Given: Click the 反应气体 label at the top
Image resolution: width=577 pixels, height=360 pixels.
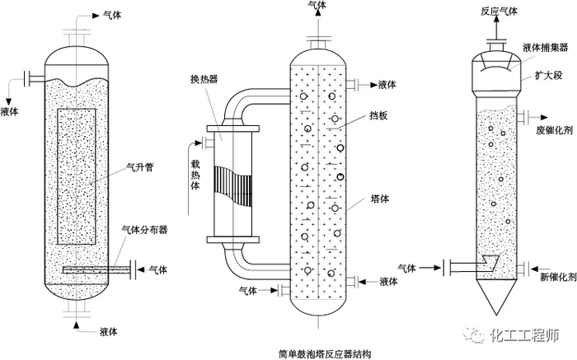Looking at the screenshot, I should [x=500, y=11].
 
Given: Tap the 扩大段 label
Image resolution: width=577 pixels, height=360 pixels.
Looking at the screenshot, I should [x=544, y=77].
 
